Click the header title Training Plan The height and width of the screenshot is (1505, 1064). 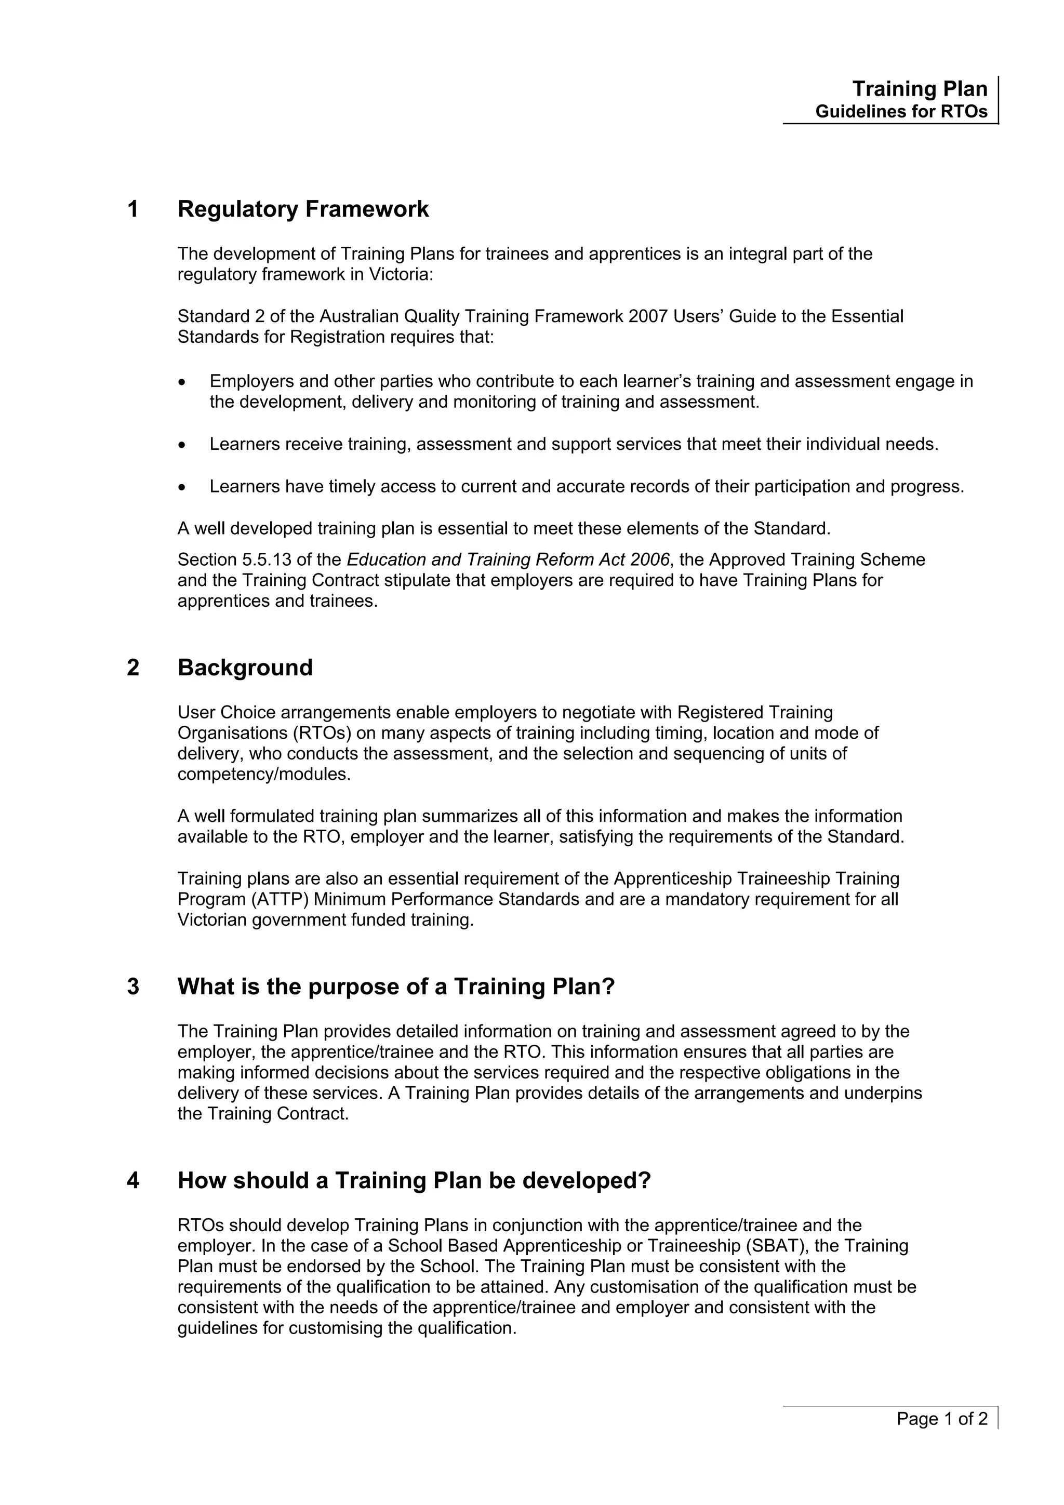919,89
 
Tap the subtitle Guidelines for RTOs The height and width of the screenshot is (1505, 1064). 901,112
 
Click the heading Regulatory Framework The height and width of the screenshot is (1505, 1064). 303,209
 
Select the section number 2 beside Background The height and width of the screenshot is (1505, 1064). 133,668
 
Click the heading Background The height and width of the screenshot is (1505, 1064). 245,668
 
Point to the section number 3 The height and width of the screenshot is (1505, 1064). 133,987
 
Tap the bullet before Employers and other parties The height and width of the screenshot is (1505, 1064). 182,382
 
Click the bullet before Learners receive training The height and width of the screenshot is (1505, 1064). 182,445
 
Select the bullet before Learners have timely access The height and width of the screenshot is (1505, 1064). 182,487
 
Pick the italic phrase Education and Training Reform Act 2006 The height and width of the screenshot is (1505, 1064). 508,560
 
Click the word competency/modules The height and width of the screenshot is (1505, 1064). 264,774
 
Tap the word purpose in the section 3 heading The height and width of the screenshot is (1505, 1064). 351,987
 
